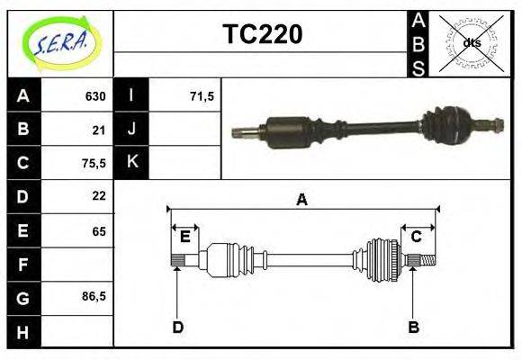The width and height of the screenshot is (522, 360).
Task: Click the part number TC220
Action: [x=262, y=35]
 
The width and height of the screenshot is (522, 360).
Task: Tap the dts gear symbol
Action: [x=472, y=42]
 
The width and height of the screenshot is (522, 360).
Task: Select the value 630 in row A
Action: [x=95, y=96]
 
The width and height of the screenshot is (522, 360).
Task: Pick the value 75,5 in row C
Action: [x=93, y=164]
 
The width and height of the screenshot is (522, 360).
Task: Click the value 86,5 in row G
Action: [x=93, y=296]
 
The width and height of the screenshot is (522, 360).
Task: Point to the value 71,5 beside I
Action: [x=202, y=96]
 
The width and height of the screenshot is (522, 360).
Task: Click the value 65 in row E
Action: [x=98, y=231]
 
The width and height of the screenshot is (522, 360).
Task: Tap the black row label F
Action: [x=22, y=265]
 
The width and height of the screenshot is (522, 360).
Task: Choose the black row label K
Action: [x=131, y=162]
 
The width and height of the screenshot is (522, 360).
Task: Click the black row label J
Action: [x=131, y=130]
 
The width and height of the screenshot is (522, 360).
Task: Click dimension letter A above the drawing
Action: [x=301, y=200]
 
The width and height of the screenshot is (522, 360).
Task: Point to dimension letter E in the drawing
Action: [x=184, y=237]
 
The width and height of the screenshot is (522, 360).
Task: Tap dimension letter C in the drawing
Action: [x=416, y=237]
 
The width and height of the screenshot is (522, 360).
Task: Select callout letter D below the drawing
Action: [x=177, y=327]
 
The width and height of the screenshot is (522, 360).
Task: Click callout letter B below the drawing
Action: [x=413, y=327]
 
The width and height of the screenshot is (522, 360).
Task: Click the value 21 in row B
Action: [x=99, y=130]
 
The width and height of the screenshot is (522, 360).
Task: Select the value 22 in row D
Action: [x=99, y=196]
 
